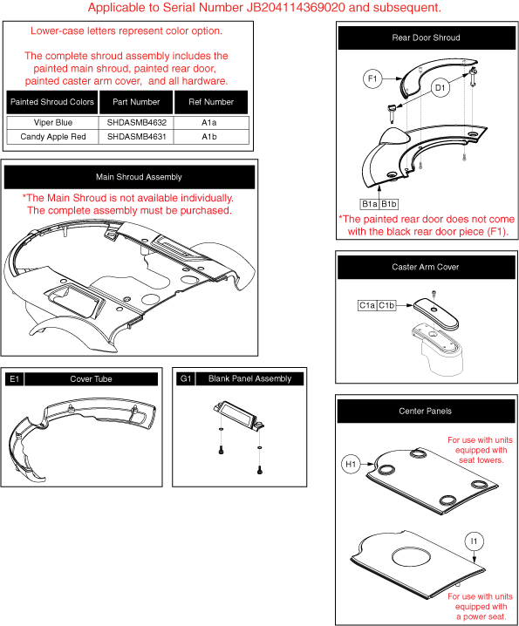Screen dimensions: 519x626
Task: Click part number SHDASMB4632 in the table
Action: tap(137, 123)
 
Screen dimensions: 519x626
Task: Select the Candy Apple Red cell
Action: tap(52, 137)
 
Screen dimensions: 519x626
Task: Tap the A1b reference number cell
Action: tap(209, 137)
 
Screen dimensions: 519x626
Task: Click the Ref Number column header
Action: tap(211, 102)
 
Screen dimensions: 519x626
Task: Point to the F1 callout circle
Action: tap(372, 78)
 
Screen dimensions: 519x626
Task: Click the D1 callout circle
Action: tap(440, 88)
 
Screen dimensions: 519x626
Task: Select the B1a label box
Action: tap(369, 204)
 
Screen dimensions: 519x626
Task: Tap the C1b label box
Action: tap(386, 305)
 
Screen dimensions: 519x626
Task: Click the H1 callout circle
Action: tap(351, 464)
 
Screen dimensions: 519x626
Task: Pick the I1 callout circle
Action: tap(474, 541)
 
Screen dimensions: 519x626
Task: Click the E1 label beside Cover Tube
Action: tap(14, 379)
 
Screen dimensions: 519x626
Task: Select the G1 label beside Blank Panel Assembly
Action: tap(186, 378)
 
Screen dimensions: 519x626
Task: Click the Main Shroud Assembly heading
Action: tap(139, 177)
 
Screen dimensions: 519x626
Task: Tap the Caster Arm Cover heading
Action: tap(425, 267)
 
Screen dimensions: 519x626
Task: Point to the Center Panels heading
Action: tap(425, 412)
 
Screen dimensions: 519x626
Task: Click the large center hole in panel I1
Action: tap(412, 556)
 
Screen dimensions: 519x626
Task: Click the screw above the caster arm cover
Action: tap(434, 294)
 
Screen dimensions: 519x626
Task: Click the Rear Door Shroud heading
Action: tap(426, 38)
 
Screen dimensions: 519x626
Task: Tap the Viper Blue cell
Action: tap(52, 123)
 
